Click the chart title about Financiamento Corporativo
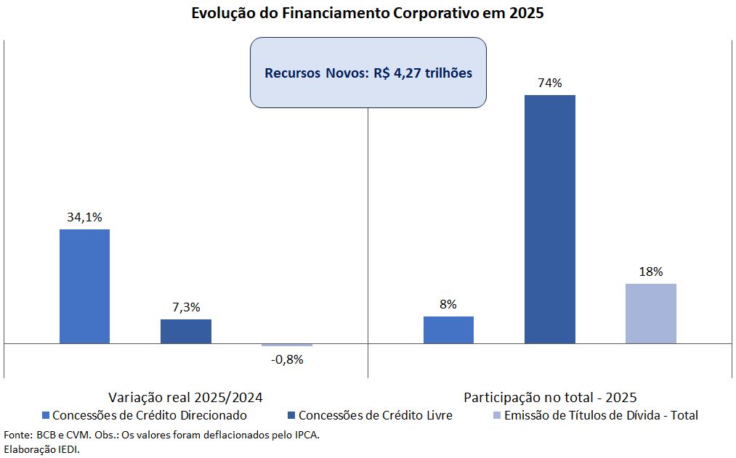click(x=368, y=13)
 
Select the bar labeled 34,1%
click(x=84, y=286)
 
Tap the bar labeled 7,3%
click(x=186, y=331)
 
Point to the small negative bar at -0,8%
click(x=287, y=345)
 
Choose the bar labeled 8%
click(x=448, y=330)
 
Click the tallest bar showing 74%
click(x=549, y=219)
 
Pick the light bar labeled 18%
click(x=651, y=314)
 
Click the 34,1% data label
click(x=84, y=216)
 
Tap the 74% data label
click(x=550, y=83)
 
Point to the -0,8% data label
click(x=287, y=359)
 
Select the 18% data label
click(x=651, y=271)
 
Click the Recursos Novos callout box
click(x=368, y=73)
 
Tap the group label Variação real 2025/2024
click(x=185, y=397)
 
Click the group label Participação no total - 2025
click(x=550, y=397)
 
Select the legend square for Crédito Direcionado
click(x=46, y=416)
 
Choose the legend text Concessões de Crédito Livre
click(x=375, y=415)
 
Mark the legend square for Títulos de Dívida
click(x=497, y=416)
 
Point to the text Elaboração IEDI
click(x=41, y=449)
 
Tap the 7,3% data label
click(x=186, y=307)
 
